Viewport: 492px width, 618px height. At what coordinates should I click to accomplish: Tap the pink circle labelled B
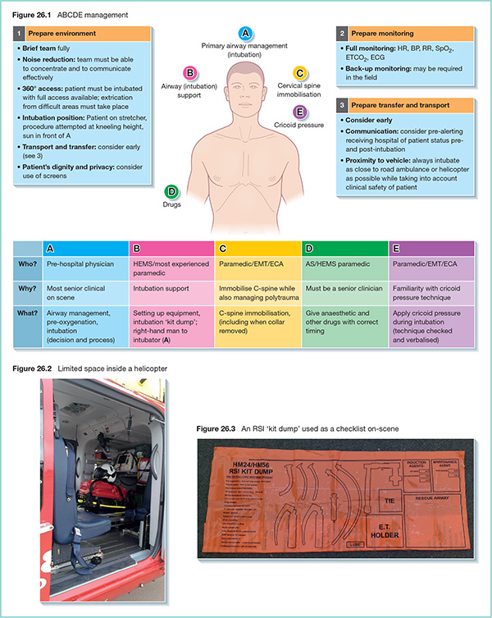pyautogui.click(x=189, y=72)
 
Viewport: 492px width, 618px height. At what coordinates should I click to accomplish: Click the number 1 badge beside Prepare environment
pyautogui.click(x=19, y=33)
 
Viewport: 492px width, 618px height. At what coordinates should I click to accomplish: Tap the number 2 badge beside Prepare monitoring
pyautogui.click(x=341, y=33)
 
